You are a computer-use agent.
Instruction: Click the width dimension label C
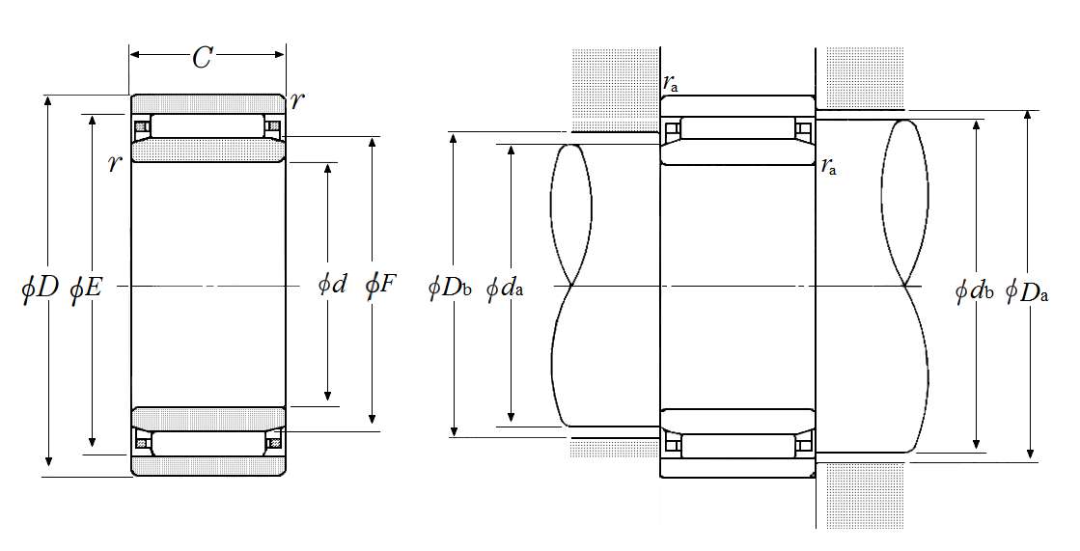pos(201,59)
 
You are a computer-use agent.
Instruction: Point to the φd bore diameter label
pos(332,284)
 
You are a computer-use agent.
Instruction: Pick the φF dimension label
pos(380,284)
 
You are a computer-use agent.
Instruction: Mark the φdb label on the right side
pos(974,290)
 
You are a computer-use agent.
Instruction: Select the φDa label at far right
pos(1027,290)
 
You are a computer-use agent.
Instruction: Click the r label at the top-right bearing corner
pos(297,100)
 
